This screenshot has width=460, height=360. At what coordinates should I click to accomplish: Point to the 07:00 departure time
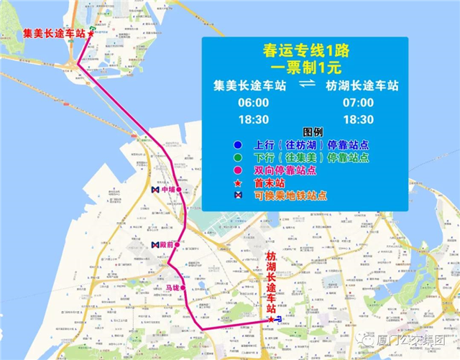point(359,103)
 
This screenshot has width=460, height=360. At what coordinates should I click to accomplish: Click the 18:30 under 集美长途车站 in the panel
point(253,119)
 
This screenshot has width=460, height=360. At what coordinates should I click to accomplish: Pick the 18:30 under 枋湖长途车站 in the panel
point(359,119)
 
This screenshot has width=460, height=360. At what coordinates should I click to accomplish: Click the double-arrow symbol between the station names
point(307,85)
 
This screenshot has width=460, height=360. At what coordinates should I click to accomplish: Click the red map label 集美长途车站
point(54,33)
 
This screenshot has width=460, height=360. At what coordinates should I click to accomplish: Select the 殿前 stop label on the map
point(167,246)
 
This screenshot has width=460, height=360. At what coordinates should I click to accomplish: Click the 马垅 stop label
point(172,288)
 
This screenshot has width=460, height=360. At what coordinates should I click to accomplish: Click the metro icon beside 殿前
point(154,246)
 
